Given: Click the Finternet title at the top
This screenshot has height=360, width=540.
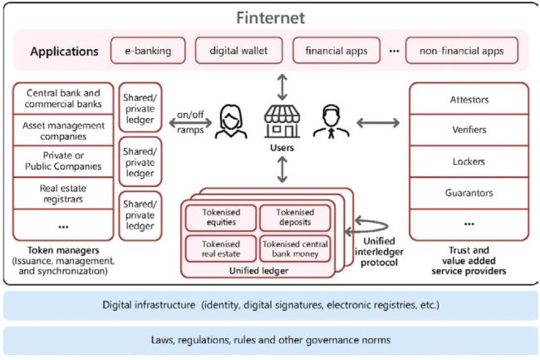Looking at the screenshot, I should click(x=270, y=17).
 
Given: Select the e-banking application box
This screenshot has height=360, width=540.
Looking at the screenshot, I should click(x=148, y=52).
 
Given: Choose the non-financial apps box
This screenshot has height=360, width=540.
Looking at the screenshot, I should click(x=462, y=52).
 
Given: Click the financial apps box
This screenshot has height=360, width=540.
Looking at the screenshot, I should click(x=336, y=52).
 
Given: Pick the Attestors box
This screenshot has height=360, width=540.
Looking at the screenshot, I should click(x=469, y=99).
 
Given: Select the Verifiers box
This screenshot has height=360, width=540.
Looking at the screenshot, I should click(x=469, y=130).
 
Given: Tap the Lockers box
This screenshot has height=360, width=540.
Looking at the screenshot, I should click(x=469, y=161).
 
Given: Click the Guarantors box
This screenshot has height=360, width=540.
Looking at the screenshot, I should click(x=469, y=192).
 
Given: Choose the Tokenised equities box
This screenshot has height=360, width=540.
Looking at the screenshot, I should click(x=220, y=217).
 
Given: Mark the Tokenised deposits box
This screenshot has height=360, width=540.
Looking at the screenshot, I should click(x=297, y=217).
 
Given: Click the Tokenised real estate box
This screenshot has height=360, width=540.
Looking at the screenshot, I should click(x=220, y=249).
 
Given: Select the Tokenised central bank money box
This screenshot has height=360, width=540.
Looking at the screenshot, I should click(x=297, y=249).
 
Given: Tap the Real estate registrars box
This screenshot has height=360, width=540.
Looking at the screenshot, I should click(x=64, y=194).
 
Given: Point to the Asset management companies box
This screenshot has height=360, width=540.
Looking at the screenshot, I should click(x=64, y=131).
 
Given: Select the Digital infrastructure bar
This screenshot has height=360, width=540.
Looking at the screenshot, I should click(x=270, y=304).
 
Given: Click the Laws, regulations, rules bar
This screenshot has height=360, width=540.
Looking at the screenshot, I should click(x=270, y=340).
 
